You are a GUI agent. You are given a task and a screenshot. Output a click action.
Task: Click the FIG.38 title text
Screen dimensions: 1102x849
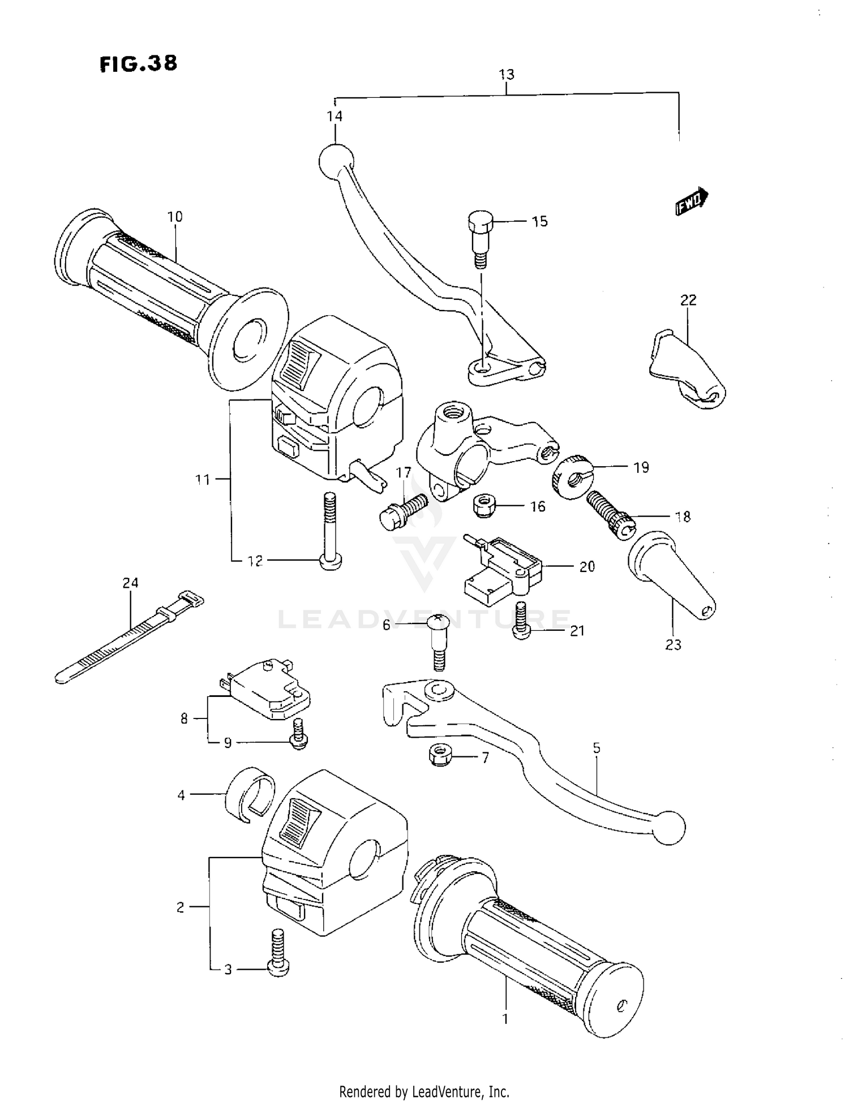pos(138,63)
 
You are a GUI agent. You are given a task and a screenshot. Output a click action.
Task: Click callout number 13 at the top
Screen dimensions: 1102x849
pos(506,75)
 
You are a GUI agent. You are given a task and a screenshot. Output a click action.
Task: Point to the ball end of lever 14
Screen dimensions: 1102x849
pos(336,160)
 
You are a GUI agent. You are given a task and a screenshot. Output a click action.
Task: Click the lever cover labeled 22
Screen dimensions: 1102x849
pos(686,371)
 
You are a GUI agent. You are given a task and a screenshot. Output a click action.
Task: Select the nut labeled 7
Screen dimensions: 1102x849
pos(440,755)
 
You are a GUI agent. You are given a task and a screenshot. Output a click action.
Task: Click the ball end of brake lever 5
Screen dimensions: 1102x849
pos(669,828)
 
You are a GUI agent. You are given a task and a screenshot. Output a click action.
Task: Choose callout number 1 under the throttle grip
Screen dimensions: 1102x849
pos(505,1019)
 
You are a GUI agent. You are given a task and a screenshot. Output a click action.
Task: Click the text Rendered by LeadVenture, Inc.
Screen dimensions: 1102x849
pos(424,1091)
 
